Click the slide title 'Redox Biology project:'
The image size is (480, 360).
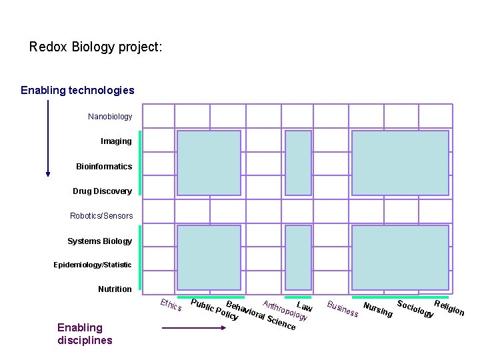[x=95, y=47]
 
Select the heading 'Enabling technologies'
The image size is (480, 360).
[x=77, y=90]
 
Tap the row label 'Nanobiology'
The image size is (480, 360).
[x=110, y=117]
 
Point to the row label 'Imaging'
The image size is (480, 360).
[x=116, y=141]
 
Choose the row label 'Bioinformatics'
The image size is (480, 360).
[x=104, y=166]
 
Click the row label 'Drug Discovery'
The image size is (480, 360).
[x=102, y=191]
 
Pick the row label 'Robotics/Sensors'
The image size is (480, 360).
[x=101, y=216]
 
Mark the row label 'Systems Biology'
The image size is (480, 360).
[x=99, y=241]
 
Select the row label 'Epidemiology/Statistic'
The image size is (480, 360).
[x=93, y=265]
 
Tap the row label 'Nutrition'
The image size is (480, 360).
[x=115, y=289]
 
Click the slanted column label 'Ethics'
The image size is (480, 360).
[x=171, y=305]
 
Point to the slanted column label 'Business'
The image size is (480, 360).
[x=343, y=309]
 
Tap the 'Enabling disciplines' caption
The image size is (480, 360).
[x=85, y=333]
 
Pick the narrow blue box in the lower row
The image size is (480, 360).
[x=298, y=257]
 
